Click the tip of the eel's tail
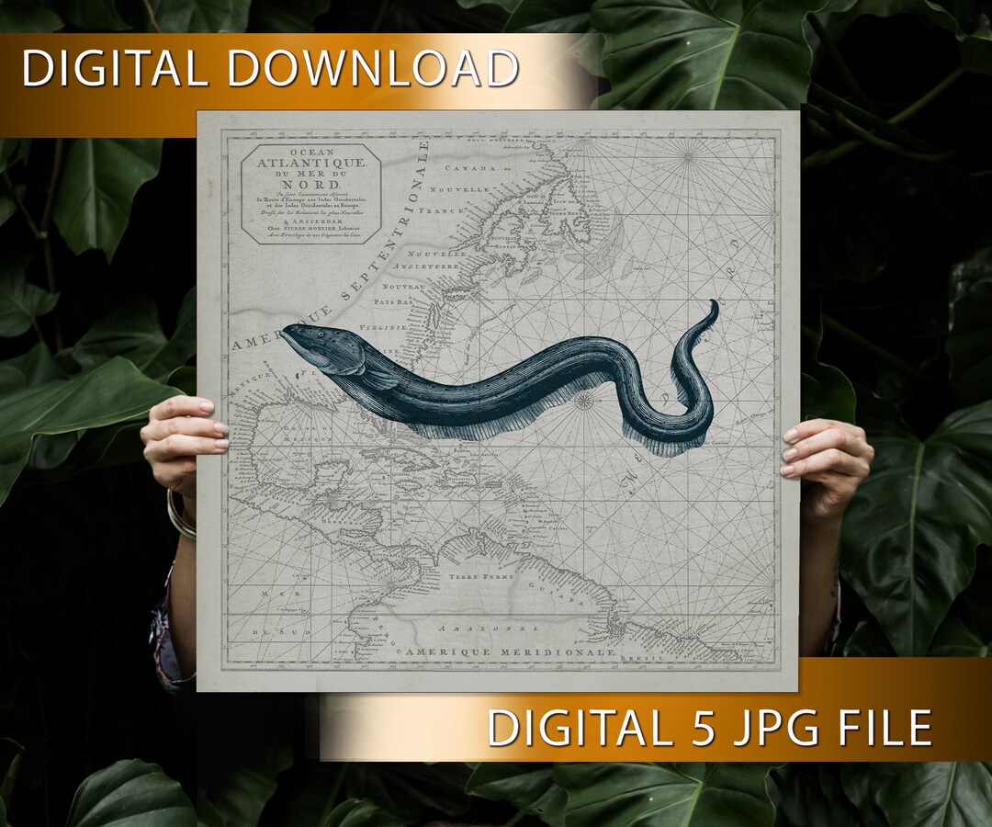click(x=714, y=302)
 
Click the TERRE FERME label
click(x=474, y=575)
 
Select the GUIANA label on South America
click(x=562, y=592)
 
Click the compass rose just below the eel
click(x=582, y=400)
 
